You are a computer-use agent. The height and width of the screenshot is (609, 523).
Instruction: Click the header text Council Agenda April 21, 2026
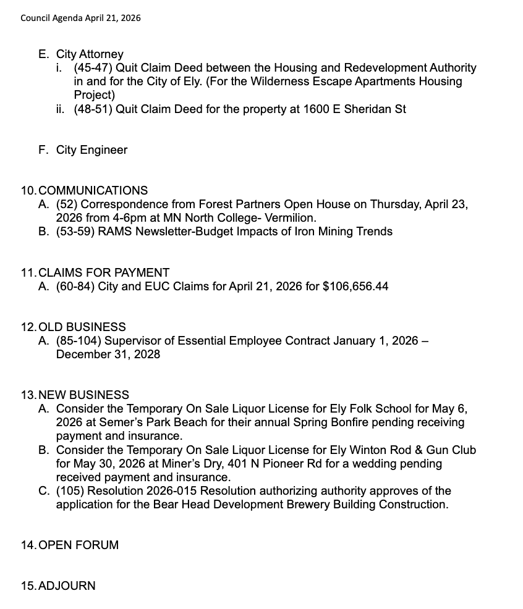tap(80, 18)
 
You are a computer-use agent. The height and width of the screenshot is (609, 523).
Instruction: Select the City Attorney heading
tap(90, 54)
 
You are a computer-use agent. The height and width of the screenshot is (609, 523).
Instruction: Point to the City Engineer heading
tap(91, 150)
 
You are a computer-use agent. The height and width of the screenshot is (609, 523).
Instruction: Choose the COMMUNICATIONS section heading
tap(93, 191)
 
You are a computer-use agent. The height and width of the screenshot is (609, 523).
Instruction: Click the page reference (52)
tap(67, 204)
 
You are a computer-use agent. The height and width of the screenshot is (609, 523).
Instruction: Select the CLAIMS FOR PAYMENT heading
tap(104, 272)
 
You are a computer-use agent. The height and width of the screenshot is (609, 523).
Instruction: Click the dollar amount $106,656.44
tap(355, 286)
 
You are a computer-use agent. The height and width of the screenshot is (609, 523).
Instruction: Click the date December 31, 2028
tap(108, 354)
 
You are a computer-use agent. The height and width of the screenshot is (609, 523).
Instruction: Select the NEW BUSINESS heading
tap(83, 395)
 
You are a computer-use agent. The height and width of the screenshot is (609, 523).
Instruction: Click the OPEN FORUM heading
tap(79, 545)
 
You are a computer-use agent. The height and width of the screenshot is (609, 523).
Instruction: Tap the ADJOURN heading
tap(67, 586)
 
